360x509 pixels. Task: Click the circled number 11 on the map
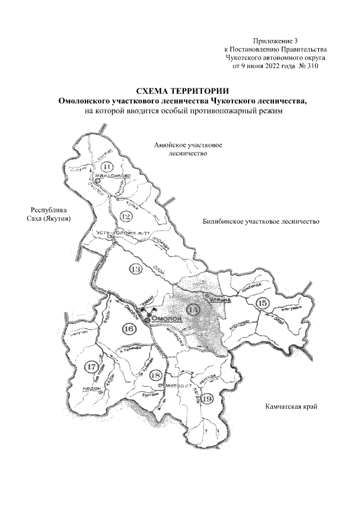tap(107, 166)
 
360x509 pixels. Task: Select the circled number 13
tap(134, 269)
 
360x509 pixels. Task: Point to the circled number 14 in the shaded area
tap(193, 309)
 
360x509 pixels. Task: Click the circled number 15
tap(262, 303)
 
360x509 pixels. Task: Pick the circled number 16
tap(129, 328)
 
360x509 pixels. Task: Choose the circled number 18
tap(156, 375)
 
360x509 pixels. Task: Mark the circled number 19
tap(206, 399)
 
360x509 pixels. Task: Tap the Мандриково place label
tap(113, 176)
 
